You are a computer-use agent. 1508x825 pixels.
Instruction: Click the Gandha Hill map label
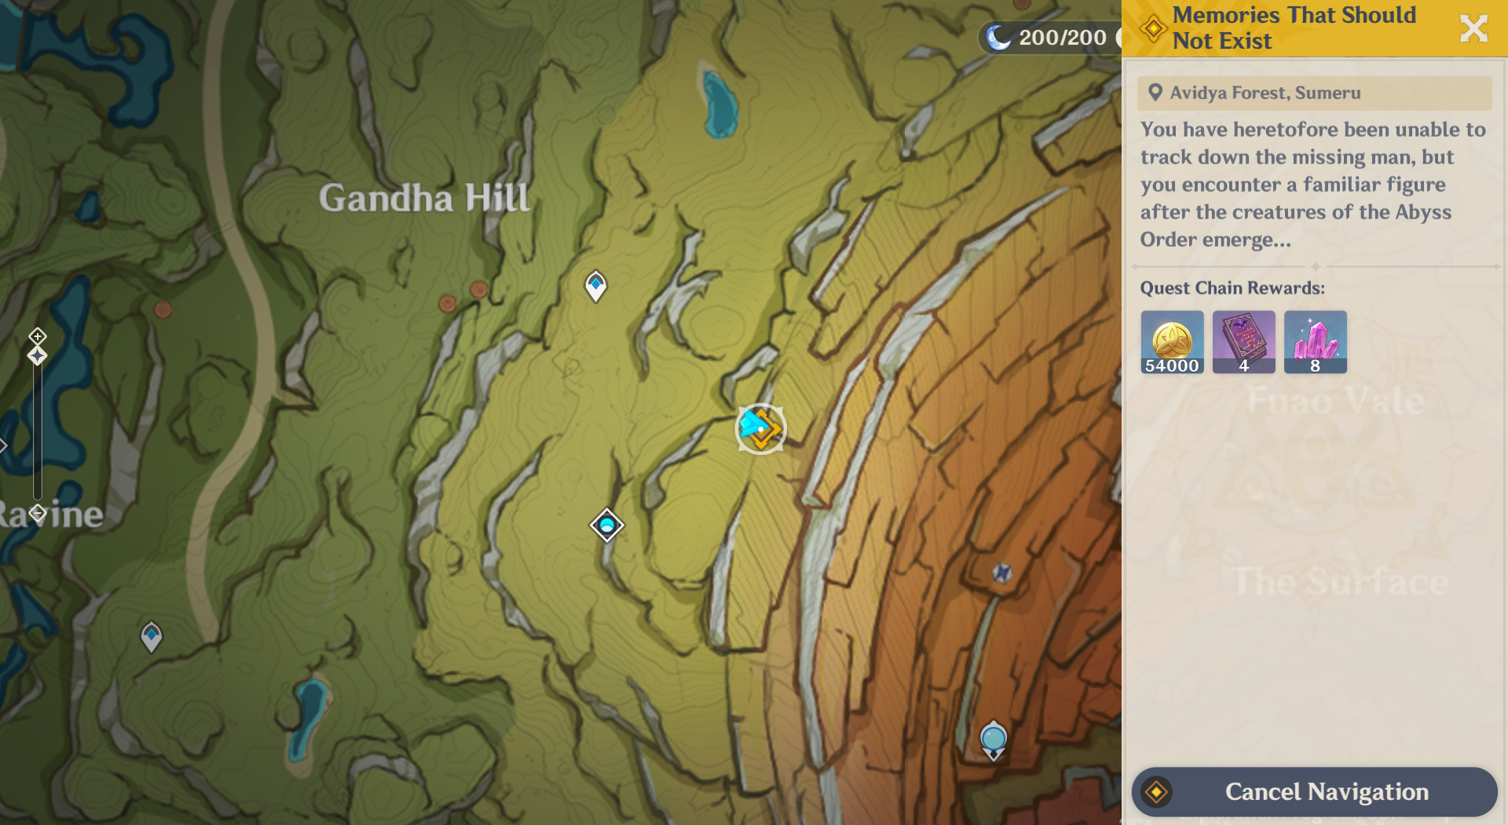click(424, 198)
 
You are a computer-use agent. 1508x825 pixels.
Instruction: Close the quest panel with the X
click(1473, 28)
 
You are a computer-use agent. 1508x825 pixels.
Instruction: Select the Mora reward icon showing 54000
click(1172, 341)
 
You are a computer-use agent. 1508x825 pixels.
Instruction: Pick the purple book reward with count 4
click(1243, 341)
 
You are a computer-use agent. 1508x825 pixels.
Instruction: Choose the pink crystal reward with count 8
click(1315, 341)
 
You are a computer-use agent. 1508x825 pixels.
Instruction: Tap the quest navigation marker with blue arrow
click(760, 428)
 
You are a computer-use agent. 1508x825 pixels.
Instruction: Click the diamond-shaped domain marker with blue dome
click(607, 525)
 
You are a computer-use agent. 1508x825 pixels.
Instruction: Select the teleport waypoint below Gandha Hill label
click(595, 284)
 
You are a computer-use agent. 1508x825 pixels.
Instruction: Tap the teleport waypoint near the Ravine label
click(151, 636)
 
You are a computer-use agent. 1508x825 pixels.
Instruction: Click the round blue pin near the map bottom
click(994, 739)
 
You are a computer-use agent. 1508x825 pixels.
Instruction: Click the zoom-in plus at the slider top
click(37, 336)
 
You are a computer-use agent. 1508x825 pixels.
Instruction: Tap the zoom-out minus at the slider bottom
click(37, 514)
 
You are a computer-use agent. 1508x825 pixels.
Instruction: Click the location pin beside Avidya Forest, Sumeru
click(1155, 93)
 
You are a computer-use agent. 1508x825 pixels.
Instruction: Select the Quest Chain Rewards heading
click(1232, 288)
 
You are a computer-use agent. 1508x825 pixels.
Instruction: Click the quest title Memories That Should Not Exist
click(1294, 27)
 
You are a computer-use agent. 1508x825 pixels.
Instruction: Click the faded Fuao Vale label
click(1335, 401)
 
